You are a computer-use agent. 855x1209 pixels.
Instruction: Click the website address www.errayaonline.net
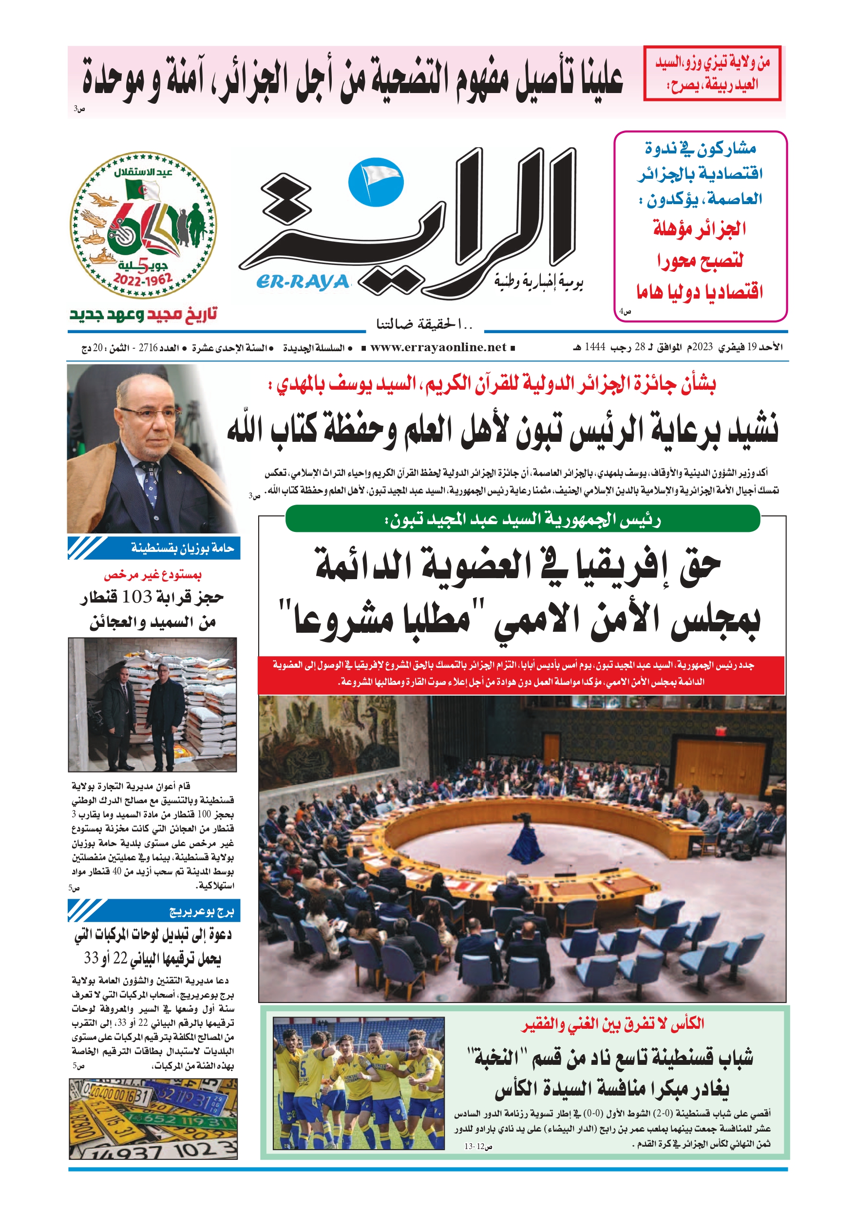(x=438, y=347)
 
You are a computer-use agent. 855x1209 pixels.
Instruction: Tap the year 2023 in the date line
(x=702, y=347)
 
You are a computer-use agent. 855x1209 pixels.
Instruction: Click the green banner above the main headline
(x=522, y=519)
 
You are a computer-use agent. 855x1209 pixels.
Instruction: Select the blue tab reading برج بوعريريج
(x=154, y=911)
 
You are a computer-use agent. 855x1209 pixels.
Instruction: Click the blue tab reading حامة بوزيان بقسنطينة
(x=154, y=548)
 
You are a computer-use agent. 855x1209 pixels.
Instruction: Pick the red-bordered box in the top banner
(x=712, y=73)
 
